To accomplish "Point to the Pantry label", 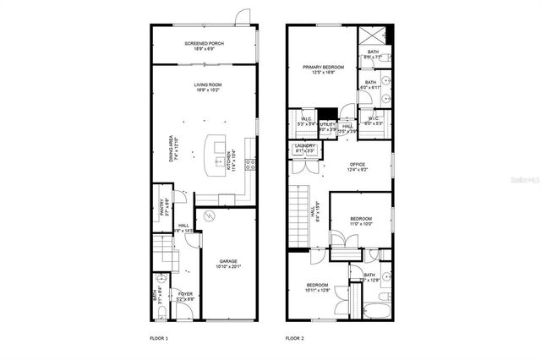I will (163, 206).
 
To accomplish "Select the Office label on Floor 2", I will (357, 166).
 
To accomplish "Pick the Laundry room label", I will (304, 149).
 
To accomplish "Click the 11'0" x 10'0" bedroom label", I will (362, 221).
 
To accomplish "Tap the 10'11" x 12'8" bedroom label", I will (317, 288).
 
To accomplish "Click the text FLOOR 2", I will (294, 337).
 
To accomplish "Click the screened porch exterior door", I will (242, 17).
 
